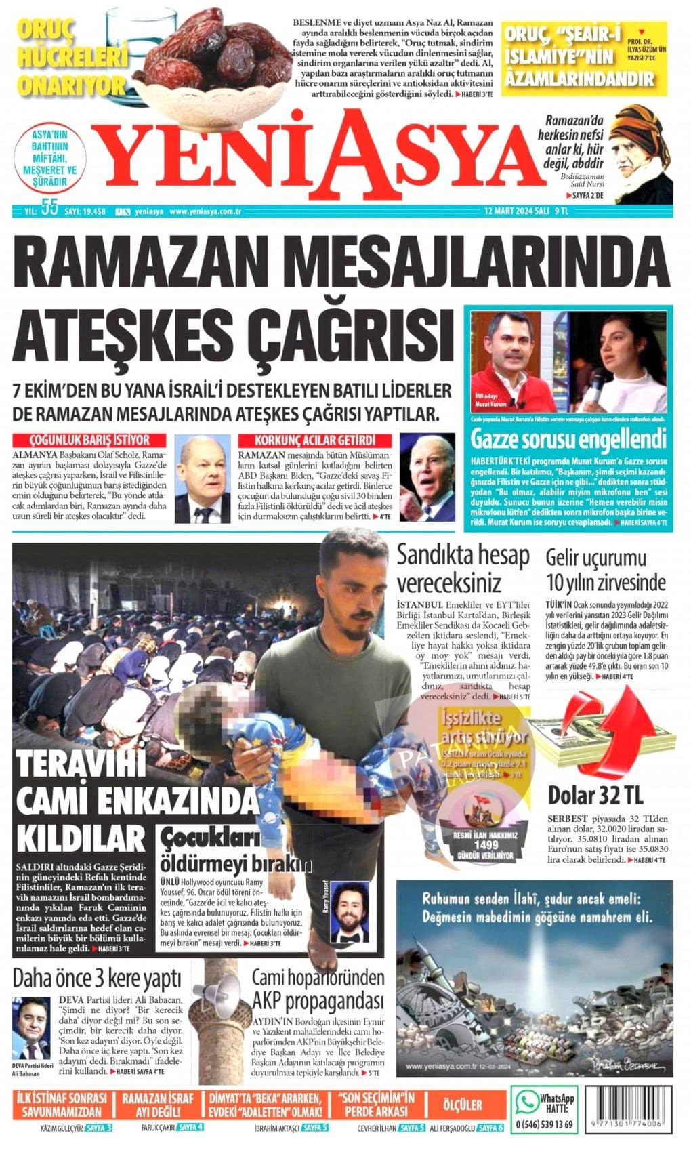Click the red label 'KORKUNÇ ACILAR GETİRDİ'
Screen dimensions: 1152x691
point(314,440)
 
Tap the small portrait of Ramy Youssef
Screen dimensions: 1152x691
point(350,911)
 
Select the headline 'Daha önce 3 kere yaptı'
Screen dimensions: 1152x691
point(97,979)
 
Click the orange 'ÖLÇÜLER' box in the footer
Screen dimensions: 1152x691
point(462,1105)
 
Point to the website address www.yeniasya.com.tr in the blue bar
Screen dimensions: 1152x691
point(206,211)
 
